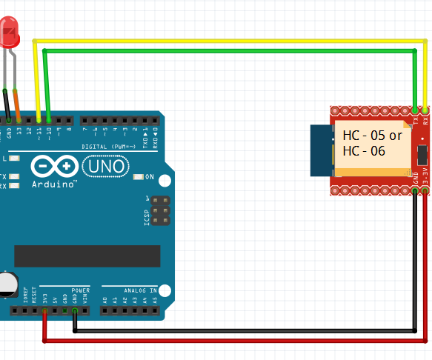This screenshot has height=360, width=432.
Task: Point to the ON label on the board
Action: [149, 177]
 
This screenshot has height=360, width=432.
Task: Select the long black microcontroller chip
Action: [87, 256]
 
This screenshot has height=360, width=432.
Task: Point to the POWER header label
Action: [80, 290]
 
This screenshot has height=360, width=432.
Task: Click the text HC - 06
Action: [363, 150]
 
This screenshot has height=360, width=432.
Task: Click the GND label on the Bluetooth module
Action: [416, 179]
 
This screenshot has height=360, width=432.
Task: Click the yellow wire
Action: [222, 40]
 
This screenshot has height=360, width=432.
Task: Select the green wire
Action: [222, 51]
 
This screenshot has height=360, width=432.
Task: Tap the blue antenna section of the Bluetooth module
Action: [320, 152]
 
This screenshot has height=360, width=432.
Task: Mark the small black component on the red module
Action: [422, 155]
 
